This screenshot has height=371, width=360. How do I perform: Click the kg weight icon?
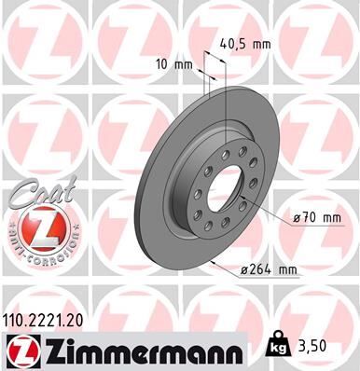pos(278,344)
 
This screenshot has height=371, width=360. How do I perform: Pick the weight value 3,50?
pos(317,345)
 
